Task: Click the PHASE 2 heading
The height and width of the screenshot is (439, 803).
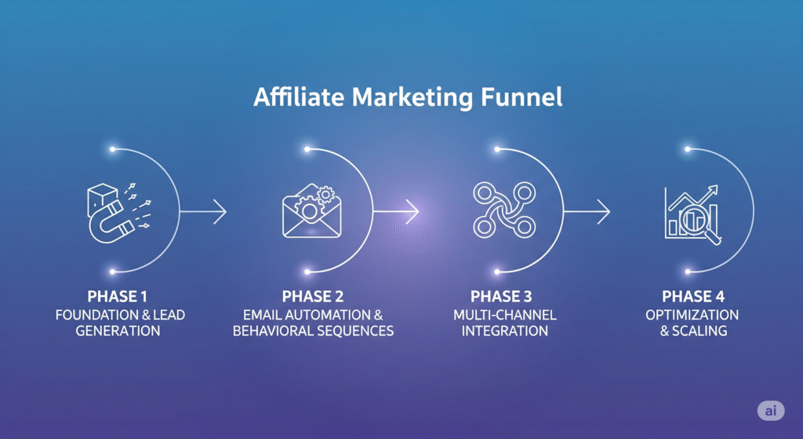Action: coord(313,297)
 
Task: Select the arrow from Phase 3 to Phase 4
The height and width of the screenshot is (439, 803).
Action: coord(587,210)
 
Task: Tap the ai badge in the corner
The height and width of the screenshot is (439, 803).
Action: coord(771,410)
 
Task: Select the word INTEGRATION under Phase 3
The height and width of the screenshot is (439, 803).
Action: coord(503,331)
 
